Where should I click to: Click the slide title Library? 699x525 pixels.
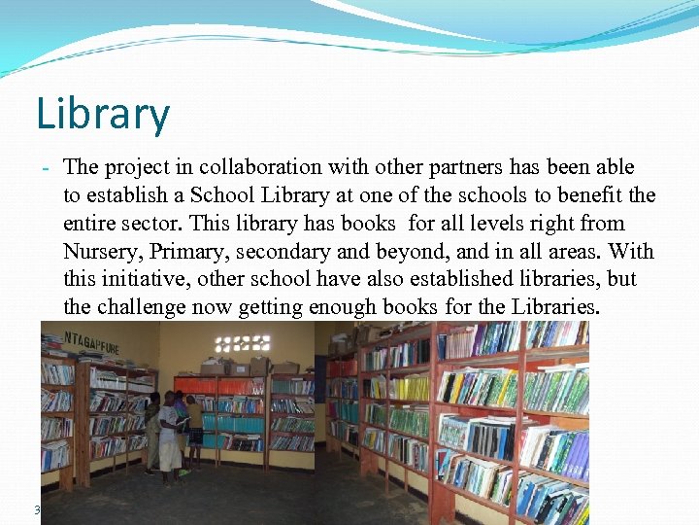tap(103, 114)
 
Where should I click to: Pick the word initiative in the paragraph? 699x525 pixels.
tap(150, 280)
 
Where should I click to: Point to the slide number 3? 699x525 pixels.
tap(37, 509)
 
